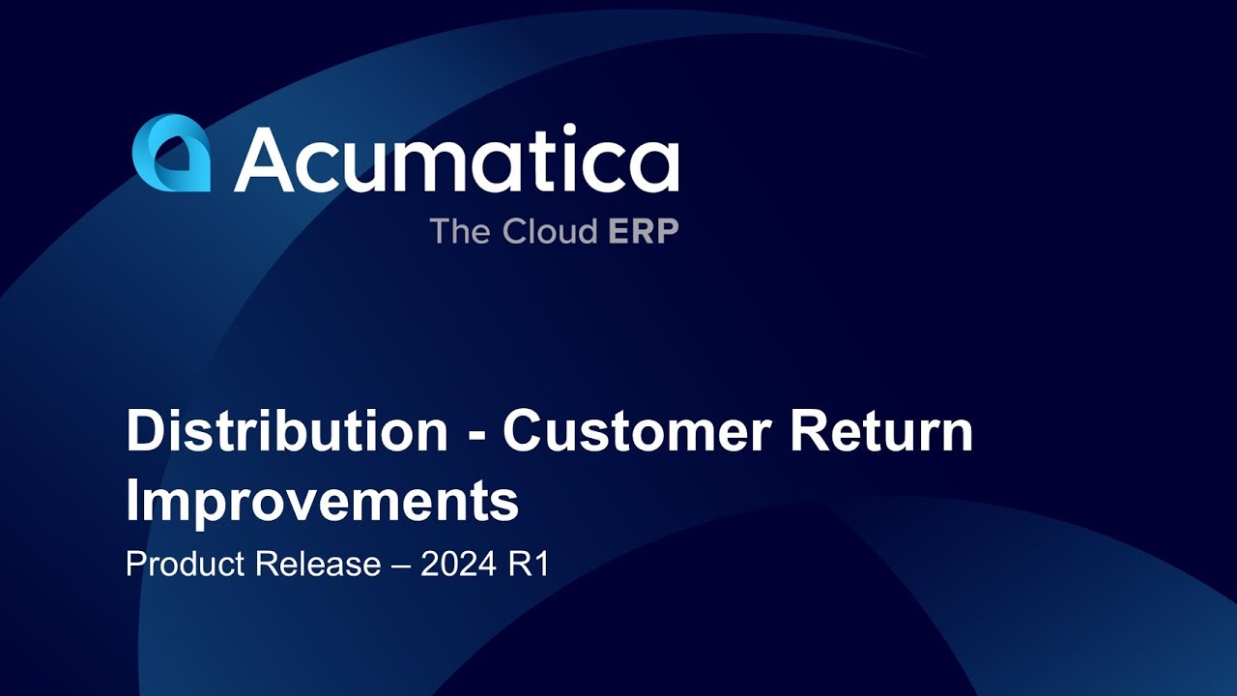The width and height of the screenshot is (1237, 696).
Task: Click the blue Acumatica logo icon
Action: [x=171, y=154]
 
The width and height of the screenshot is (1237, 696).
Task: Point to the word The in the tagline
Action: [x=462, y=232]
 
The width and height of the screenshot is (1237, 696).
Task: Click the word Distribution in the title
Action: [x=287, y=431]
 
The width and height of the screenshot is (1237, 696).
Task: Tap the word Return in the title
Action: [x=880, y=431]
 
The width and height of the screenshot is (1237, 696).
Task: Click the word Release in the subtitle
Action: [x=318, y=565]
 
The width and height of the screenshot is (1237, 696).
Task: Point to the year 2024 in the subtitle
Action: [x=459, y=565]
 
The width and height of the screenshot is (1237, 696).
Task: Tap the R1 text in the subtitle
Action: [x=529, y=565]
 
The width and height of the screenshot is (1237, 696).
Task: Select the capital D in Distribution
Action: [x=146, y=431]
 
